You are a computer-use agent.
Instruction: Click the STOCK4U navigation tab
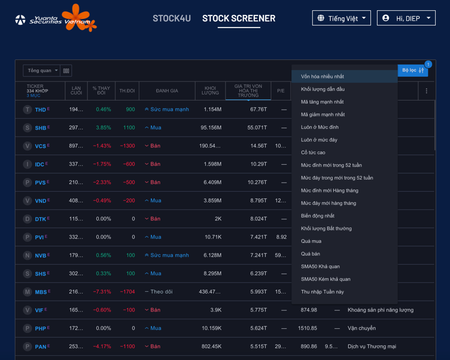click(172, 19)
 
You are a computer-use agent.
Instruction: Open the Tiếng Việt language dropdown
click(341, 19)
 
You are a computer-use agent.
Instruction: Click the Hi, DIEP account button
click(406, 19)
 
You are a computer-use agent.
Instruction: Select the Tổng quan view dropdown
click(41, 71)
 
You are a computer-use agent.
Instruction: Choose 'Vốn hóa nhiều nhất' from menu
click(323, 77)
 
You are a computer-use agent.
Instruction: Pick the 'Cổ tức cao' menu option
click(313, 153)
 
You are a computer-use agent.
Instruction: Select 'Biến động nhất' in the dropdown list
click(318, 216)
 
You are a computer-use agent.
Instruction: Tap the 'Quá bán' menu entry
click(311, 254)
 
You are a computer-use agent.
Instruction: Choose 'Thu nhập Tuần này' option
click(323, 292)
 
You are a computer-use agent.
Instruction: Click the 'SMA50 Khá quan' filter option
click(320, 267)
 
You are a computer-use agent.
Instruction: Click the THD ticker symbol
click(40, 110)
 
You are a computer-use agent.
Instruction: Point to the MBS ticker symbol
click(41, 292)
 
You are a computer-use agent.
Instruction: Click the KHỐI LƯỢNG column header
click(210, 91)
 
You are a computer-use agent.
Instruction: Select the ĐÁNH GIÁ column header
click(167, 91)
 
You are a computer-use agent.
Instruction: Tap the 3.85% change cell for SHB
click(103, 128)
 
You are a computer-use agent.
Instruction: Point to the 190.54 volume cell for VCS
click(209, 146)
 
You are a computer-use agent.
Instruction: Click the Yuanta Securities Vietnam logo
click(55, 19)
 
